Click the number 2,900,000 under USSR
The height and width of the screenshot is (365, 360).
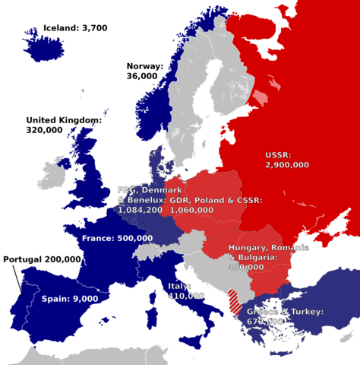tap(286, 164)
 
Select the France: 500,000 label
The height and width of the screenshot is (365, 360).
tap(117, 238)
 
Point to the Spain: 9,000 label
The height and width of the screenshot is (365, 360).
tap(69, 299)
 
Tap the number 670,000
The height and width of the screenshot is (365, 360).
tap(266, 322)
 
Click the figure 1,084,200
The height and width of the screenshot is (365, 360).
tap(140, 209)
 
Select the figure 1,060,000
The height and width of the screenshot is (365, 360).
tap(191, 209)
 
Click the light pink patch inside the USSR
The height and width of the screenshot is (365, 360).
tap(261, 99)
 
